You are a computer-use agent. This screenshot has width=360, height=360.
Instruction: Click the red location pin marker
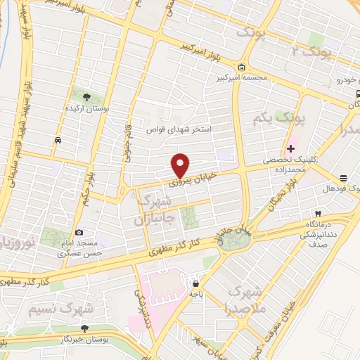pyautogui.click(x=181, y=165)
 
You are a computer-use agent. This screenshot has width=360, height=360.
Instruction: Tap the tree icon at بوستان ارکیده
pyautogui.click(x=86, y=97)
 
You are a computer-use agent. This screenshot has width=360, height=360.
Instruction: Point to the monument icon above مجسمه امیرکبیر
pyautogui.click(x=242, y=67)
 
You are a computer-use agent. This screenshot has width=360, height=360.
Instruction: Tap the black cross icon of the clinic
pyautogui.click(x=290, y=148)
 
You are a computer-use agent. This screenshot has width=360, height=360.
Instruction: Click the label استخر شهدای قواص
pyautogui.click(x=179, y=130)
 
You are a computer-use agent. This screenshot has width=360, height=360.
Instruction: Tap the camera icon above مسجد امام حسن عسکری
pyautogui.click(x=79, y=233)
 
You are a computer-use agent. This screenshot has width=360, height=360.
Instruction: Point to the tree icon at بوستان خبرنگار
pyautogui.click(x=84, y=328)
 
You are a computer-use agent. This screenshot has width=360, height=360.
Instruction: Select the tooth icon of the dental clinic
pyautogui.click(x=319, y=213)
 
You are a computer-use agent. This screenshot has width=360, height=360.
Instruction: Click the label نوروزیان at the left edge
pyautogui.click(x=13, y=244)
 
